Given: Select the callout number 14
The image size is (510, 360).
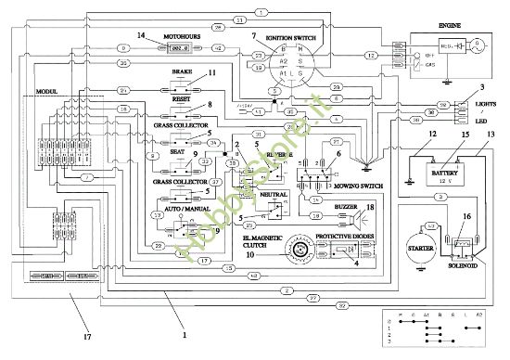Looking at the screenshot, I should [x=141, y=35].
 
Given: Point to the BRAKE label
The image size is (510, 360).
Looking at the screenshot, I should [x=182, y=71].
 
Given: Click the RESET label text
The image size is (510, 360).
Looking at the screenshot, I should [x=182, y=96].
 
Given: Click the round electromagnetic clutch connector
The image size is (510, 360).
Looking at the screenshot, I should [x=279, y=250].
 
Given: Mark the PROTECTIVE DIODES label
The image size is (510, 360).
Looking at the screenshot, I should [x=345, y=237].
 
